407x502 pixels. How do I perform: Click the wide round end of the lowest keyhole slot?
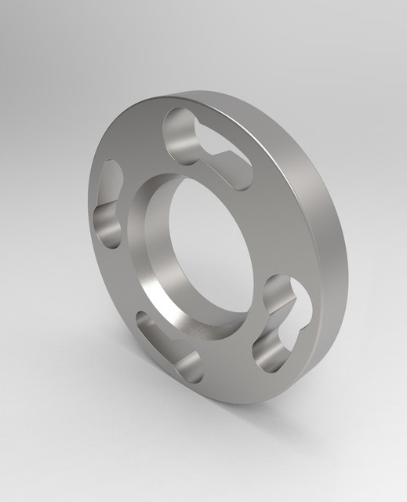pyautogui.click(x=188, y=367)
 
